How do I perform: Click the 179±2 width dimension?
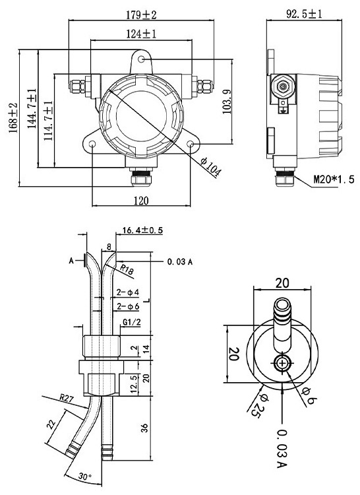coord(141,13)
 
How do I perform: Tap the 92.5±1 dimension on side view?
coord(305,13)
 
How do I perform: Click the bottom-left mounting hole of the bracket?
coord(92,144)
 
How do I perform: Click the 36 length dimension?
coord(144,428)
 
